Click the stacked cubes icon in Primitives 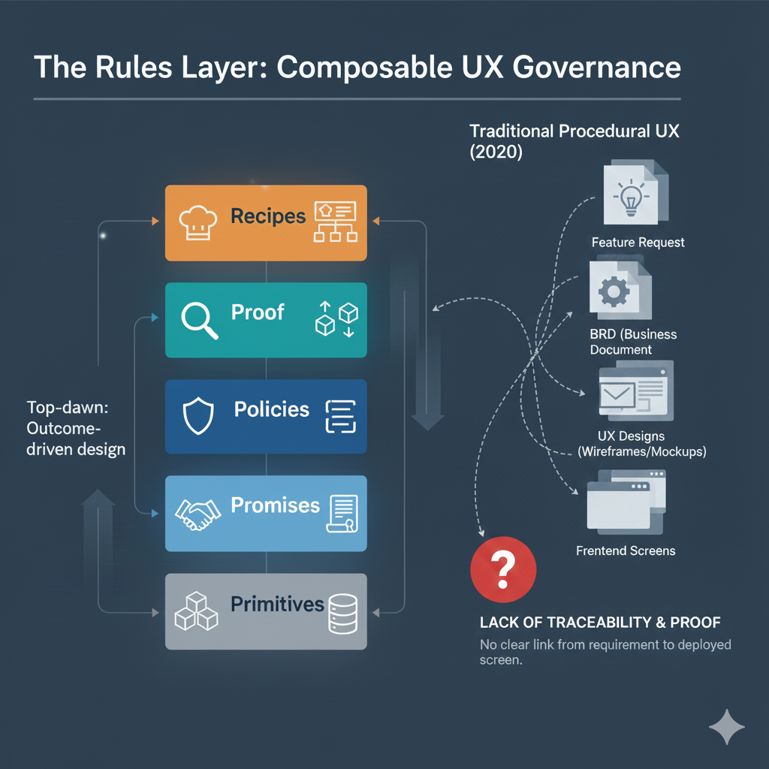(196, 610)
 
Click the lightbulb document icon (632, 194)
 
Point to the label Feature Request (638, 243)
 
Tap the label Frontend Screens (626, 550)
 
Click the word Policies (271, 409)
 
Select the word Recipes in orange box (268, 216)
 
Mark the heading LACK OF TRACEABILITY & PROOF (599, 623)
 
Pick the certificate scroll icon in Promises (342, 514)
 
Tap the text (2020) (496, 151)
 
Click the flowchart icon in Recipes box (336, 222)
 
